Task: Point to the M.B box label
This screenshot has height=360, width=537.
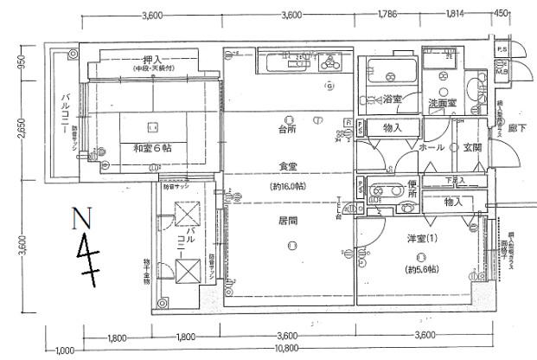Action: [502, 72]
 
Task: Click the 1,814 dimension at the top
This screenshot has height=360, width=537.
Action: [452, 15]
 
